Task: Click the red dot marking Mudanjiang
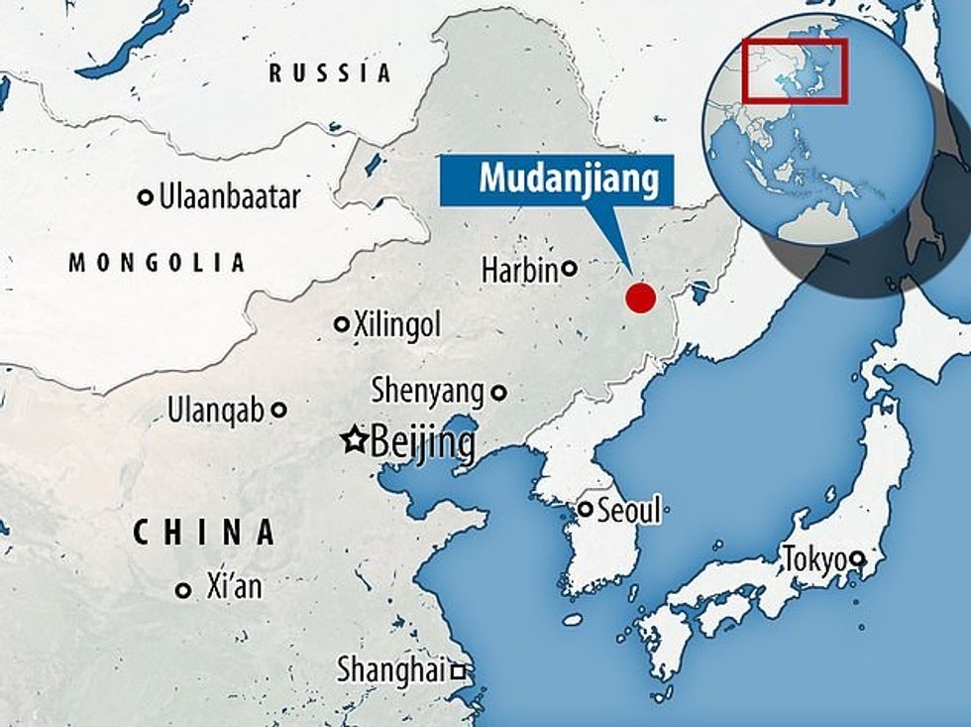coord(641,297)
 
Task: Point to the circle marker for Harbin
coord(570,267)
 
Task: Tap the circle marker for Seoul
coord(586,510)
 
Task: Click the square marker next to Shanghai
coord(458,672)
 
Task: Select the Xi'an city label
coord(234,587)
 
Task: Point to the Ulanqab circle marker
coord(279,409)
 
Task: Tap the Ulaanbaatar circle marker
coord(146,196)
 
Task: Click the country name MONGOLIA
coord(157,263)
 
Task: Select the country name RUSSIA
coord(331,72)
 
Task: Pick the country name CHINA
coord(204,533)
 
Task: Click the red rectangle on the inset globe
coord(793,69)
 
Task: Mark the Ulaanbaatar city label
coord(229,196)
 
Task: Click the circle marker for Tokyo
coord(859,558)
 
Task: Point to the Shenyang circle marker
coord(498,393)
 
